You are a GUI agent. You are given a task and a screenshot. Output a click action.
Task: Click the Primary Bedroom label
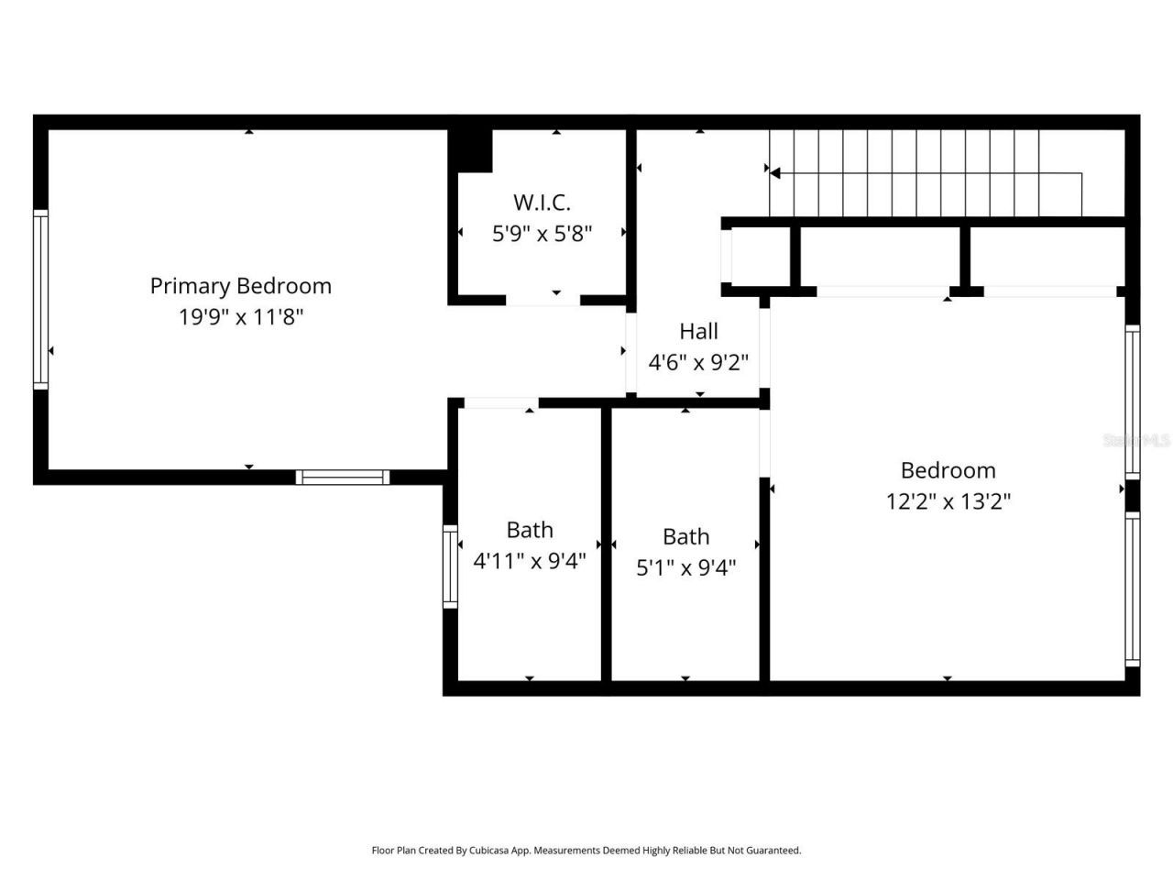(240, 286)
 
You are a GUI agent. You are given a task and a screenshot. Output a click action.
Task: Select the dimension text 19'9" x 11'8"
(240, 317)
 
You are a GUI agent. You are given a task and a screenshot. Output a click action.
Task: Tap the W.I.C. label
(542, 203)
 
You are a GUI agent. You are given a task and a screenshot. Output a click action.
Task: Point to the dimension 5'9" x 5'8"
(542, 234)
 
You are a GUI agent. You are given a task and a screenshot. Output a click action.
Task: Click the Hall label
(698, 331)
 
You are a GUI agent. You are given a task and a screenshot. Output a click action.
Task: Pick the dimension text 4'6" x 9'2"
(698, 362)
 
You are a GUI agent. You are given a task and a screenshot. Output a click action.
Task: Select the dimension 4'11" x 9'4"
(529, 561)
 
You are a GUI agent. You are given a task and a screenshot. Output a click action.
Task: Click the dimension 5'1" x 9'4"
(685, 567)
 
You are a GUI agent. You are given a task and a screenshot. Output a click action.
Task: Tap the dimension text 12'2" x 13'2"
(948, 501)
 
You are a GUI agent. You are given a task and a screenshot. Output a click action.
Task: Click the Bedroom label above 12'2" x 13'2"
(948, 470)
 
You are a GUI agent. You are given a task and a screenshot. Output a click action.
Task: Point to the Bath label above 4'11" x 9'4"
(530, 530)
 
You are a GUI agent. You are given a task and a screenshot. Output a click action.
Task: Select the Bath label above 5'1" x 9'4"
(685, 536)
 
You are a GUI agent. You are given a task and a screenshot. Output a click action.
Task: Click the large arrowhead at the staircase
(774, 172)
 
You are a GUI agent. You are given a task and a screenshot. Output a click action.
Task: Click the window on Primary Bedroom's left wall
(40, 299)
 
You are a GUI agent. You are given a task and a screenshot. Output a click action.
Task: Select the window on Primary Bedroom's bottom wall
(343, 477)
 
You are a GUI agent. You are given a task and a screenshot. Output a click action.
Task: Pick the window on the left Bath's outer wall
(450, 566)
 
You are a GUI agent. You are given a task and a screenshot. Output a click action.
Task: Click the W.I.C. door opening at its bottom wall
(543, 300)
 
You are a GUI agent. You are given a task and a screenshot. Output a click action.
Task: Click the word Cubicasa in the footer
(490, 851)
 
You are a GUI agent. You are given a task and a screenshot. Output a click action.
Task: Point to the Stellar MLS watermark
(1136, 441)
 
